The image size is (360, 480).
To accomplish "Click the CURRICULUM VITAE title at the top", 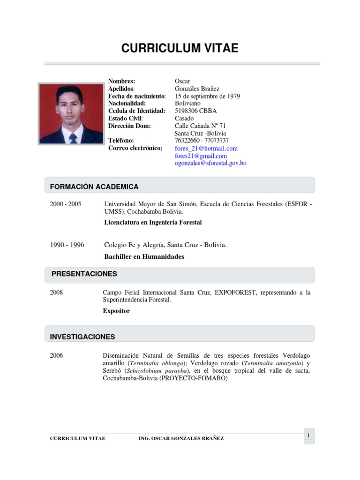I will [180, 48].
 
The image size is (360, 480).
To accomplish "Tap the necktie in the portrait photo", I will [73, 137].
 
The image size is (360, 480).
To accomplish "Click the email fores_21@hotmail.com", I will [206, 148].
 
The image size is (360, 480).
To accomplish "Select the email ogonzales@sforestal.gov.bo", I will [210, 163].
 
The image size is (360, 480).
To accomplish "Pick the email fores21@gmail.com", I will [201, 156].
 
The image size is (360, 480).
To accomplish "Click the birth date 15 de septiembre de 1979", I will [207, 96].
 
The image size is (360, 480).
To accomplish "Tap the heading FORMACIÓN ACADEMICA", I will [94, 187].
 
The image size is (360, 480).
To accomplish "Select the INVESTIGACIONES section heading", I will [82, 337].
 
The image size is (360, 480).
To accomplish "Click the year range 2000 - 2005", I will [66, 204].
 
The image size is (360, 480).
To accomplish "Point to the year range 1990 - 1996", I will [67, 245].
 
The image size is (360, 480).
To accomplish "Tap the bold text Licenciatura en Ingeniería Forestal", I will [153, 222].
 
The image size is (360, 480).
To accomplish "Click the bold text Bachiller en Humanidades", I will [144, 256].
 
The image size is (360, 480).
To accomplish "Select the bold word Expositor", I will [116, 311].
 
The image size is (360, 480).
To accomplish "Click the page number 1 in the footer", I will [309, 436].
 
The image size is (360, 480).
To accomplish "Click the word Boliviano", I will [187, 104].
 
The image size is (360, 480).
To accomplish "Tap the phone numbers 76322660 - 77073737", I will [202, 141].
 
